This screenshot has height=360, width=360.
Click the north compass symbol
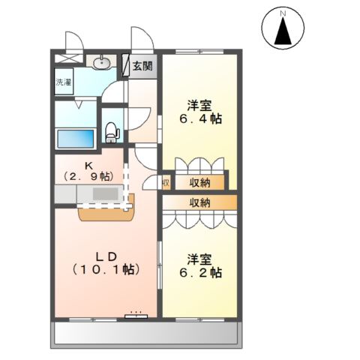[283, 28]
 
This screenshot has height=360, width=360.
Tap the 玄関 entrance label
[142, 66]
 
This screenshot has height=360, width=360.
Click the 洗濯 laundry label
[64, 83]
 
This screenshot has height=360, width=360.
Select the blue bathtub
[76, 139]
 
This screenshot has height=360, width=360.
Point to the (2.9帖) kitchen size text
[88, 177]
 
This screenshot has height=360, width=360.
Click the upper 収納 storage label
[199, 181]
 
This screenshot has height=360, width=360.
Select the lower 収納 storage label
[199, 202]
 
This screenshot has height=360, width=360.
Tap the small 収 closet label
[166, 182]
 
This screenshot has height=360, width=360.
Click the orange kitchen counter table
[105, 209]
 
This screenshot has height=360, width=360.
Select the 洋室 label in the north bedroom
[199, 104]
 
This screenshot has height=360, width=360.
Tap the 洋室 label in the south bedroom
[199, 259]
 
